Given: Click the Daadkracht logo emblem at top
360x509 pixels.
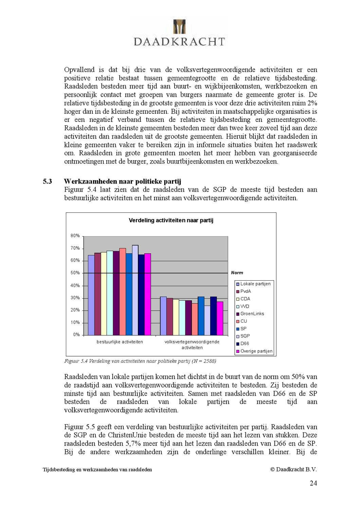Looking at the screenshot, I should (x=179, y=27).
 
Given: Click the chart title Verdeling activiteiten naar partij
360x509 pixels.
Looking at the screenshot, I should (x=171, y=220).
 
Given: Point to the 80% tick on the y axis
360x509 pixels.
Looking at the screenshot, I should (x=75, y=235).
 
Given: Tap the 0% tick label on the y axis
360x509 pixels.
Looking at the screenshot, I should (x=76, y=335).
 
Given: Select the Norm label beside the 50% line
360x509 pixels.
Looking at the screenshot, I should (x=237, y=272).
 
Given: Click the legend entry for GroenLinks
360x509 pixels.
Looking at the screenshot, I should (x=252, y=314).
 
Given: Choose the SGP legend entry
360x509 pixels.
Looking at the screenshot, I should (x=245, y=336).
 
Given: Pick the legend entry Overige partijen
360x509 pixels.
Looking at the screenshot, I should (x=256, y=351).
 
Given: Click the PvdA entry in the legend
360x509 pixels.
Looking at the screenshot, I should (x=246, y=291).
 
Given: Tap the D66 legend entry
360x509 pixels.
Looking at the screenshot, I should (x=245, y=343).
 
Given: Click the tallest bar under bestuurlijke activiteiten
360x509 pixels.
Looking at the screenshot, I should (x=135, y=290).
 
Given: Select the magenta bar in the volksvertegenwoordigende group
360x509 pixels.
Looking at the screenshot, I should (x=220, y=318).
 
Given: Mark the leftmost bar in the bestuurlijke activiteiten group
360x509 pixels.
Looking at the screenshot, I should (x=91, y=295).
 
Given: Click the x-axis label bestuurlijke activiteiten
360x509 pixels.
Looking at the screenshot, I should (x=120, y=342).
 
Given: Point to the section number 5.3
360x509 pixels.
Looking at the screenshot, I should (x=47, y=181).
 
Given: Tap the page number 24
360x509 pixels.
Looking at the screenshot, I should (x=313, y=483).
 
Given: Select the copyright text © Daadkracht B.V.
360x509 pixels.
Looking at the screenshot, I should (x=293, y=469).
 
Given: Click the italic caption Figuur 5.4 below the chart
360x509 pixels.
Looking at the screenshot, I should (x=140, y=361).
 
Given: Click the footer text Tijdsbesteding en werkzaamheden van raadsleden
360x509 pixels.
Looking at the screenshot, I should (x=97, y=470).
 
